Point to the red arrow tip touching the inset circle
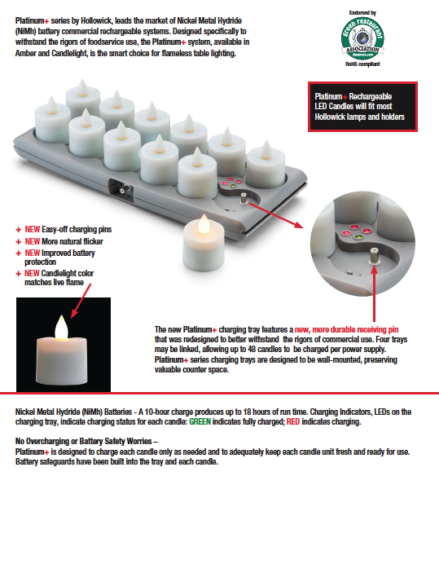[308, 229]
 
